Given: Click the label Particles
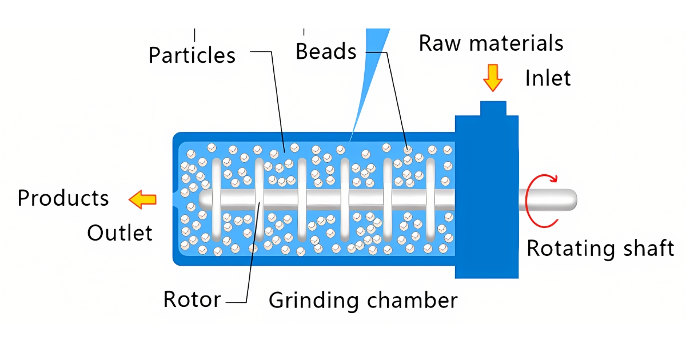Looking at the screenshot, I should [x=192, y=55].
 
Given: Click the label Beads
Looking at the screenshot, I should [x=326, y=52].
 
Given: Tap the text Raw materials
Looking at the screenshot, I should [x=491, y=43].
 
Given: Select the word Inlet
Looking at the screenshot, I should [x=548, y=78].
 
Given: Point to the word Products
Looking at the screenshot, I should [x=63, y=198].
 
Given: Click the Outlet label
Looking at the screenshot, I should [x=119, y=233].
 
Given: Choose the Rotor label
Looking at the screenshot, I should [x=192, y=299].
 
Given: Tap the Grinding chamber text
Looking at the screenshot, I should [x=363, y=300].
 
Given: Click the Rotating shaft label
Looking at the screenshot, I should [x=600, y=249].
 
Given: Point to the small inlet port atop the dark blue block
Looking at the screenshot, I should [x=493, y=108].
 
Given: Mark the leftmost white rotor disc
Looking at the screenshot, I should [x=216, y=199].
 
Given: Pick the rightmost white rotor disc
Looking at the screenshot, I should [x=430, y=199].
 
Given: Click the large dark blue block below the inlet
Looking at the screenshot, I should [x=486, y=229].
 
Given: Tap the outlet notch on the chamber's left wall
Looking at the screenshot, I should [x=175, y=199].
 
